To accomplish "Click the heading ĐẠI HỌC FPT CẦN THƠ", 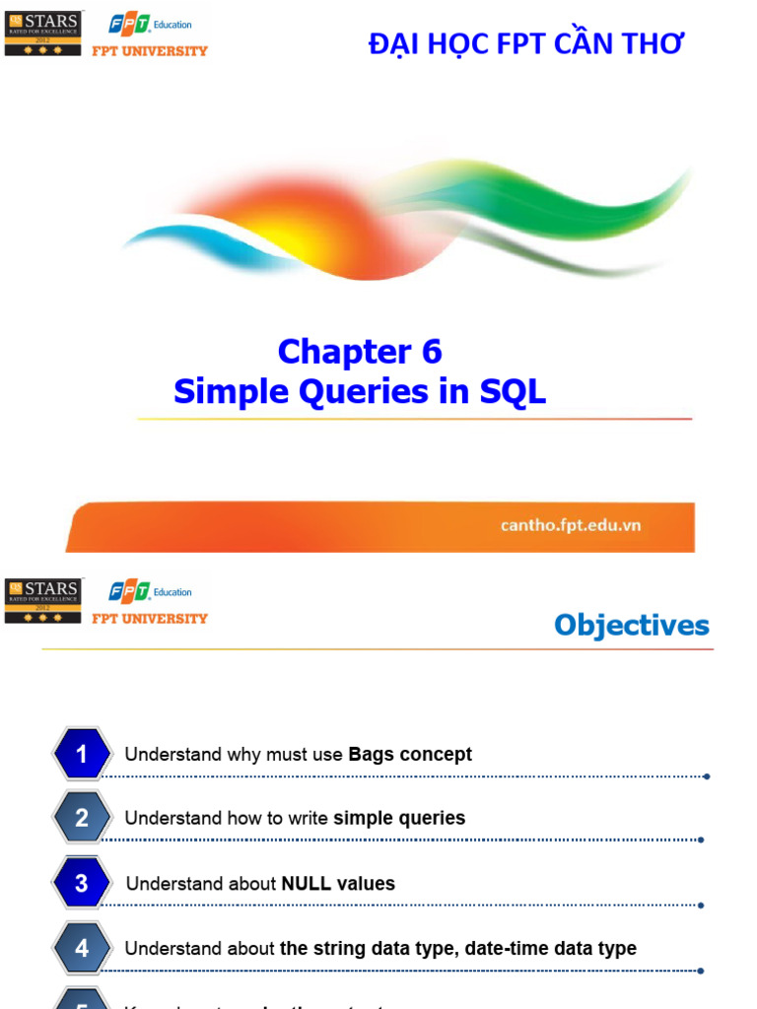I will [x=525, y=43].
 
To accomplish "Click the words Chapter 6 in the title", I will [x=360, y=352].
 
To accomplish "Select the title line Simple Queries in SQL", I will [x=360, y=391].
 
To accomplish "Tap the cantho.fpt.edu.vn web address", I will [x=571, y=525].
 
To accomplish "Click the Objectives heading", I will [x=631, y=625].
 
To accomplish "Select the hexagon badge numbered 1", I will [x=82, y=755].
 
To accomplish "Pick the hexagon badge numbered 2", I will [x=82, y=818].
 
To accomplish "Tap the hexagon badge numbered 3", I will [x=82, y=884].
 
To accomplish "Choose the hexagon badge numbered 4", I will [x=82, y=948].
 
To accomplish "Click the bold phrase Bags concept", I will [x=410, y=755].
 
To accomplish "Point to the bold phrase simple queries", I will [x=399, y=818].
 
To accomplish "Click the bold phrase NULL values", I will [x=338, y=884].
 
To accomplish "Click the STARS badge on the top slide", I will [x=43, y=34].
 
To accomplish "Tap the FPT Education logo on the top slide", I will [x=150, y=25].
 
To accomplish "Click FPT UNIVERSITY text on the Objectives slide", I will [x=150, y=619].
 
